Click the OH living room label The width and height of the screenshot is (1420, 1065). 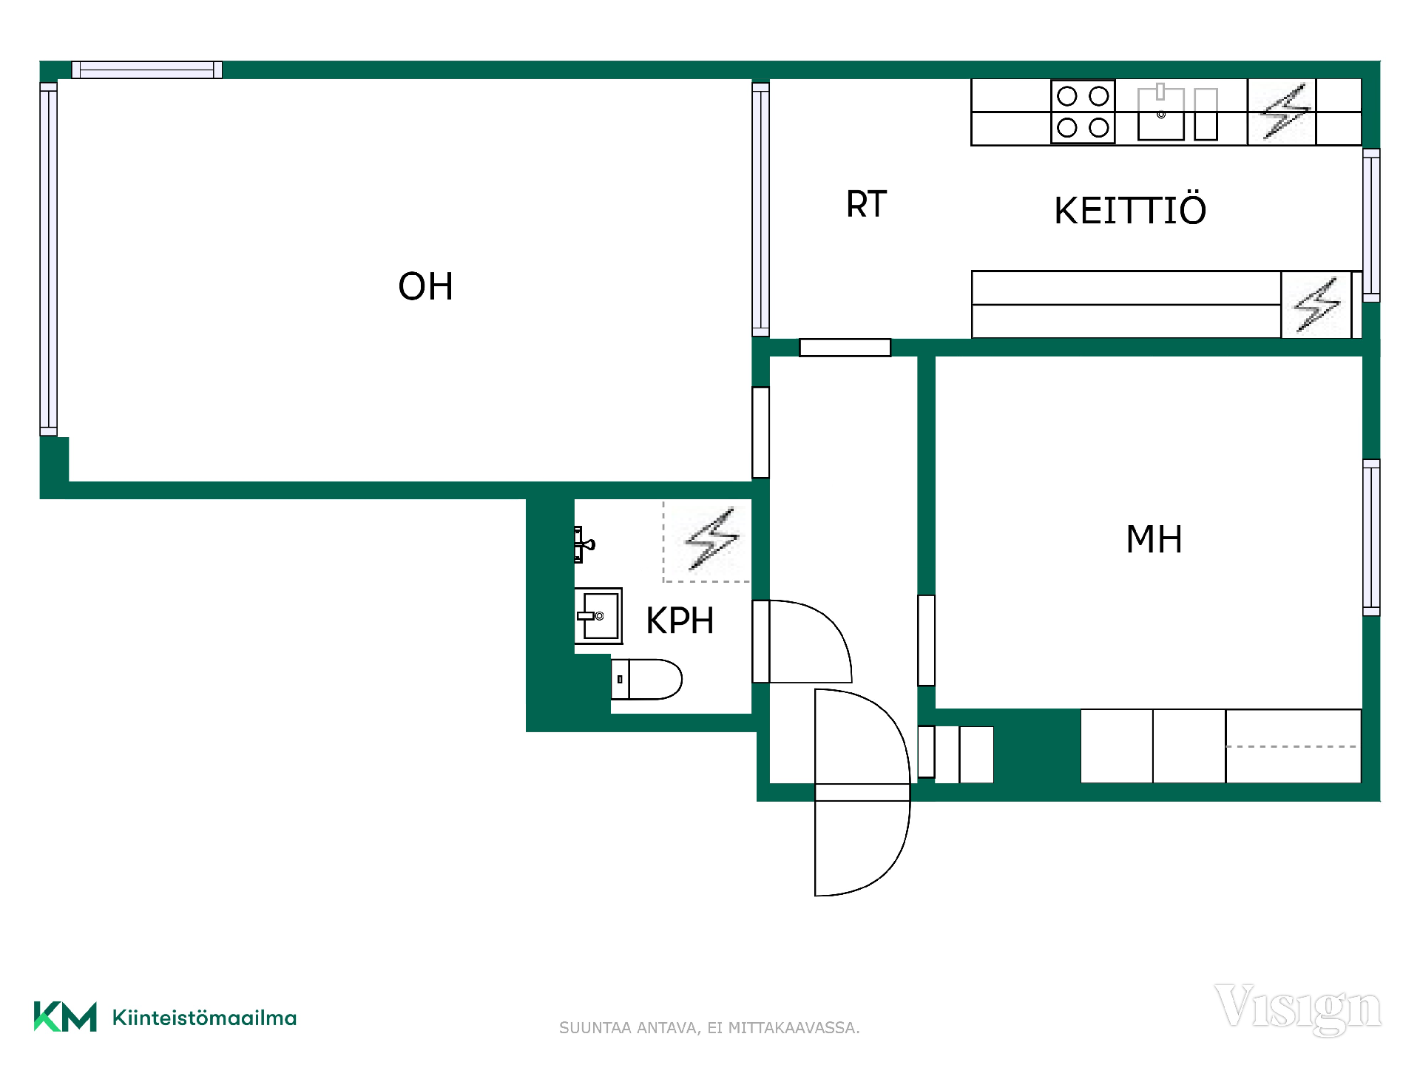pyautogui.click(x=425, y=286)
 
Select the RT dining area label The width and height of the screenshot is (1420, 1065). pyautogui.click(x=866, y=204)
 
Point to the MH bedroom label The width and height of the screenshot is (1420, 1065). pyautogui.click(x=1154, y=539)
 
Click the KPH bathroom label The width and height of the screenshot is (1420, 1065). pyautogui.click(x=680, y=621)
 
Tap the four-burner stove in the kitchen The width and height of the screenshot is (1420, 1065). pyautogui.click(x=1083, y=112)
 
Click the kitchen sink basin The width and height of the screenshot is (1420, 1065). pyautogui.click(x=1161, y=113)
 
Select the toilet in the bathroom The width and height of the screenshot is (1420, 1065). pyautogui.click(x=646, y=679)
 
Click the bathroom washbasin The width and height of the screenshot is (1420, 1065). pyautogui.click(x=598, y=616)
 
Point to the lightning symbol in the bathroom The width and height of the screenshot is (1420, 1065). pyautogui.click(x=711, y=538)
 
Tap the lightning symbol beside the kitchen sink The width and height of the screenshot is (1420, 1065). pyautogui.click(x=1285, y=112)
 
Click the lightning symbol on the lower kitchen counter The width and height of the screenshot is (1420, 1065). pyautogui.click(x=1316, y=305)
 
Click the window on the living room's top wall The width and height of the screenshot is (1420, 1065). pyautogui.click(x=147, y=70)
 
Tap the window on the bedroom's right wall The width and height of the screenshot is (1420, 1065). pyautogui.click(x=1371, y=538)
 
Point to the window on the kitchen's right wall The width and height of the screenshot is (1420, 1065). pyautogui.click(x=1371, y=226)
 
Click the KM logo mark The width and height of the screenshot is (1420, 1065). pyautogui.click(x=65, y=1016)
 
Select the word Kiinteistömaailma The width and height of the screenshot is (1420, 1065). pyautogui.click(x=204, y=1018)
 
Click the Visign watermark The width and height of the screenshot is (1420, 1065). pyautogui.click(x=1298, y=1009)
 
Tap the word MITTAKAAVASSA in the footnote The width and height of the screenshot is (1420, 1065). pyautogui.click(x=794, y=1028)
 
